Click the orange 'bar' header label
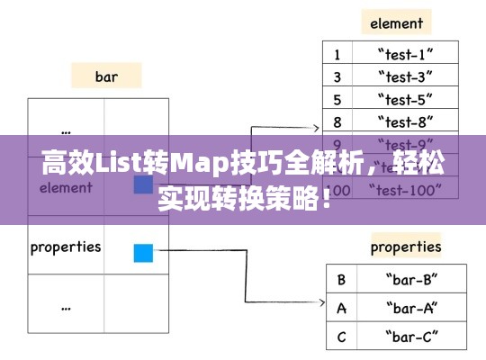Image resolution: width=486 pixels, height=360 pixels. [x=106, y=76]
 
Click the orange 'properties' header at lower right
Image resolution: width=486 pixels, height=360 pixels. [x=406, y=246]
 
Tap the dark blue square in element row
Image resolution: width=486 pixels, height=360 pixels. [x=143, y=184]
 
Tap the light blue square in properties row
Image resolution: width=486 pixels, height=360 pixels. [x=143, y=253]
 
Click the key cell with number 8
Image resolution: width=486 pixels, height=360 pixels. [x=337, y=122]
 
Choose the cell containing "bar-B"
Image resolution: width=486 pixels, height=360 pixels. [x=411, y=279]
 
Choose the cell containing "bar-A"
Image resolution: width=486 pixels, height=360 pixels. [x=411, y=309]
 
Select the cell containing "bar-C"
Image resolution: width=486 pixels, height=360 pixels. [x=411, y=338]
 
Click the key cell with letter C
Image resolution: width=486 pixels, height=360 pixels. [x=341, y=338]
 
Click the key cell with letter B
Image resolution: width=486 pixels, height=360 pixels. [x=341, y=279]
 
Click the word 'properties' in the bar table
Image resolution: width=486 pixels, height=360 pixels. [x=66, y=247]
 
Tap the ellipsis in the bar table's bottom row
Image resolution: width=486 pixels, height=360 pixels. [x=66, y=305]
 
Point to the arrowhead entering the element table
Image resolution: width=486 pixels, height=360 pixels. [x=316, y=129]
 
